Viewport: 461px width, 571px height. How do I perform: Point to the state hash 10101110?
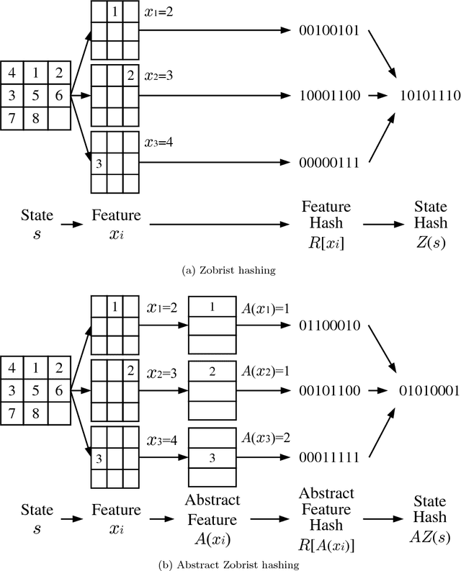coord(424,95)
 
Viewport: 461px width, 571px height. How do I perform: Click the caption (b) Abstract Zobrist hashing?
coord(230,564)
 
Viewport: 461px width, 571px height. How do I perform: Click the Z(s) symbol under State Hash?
coord(424,242)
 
